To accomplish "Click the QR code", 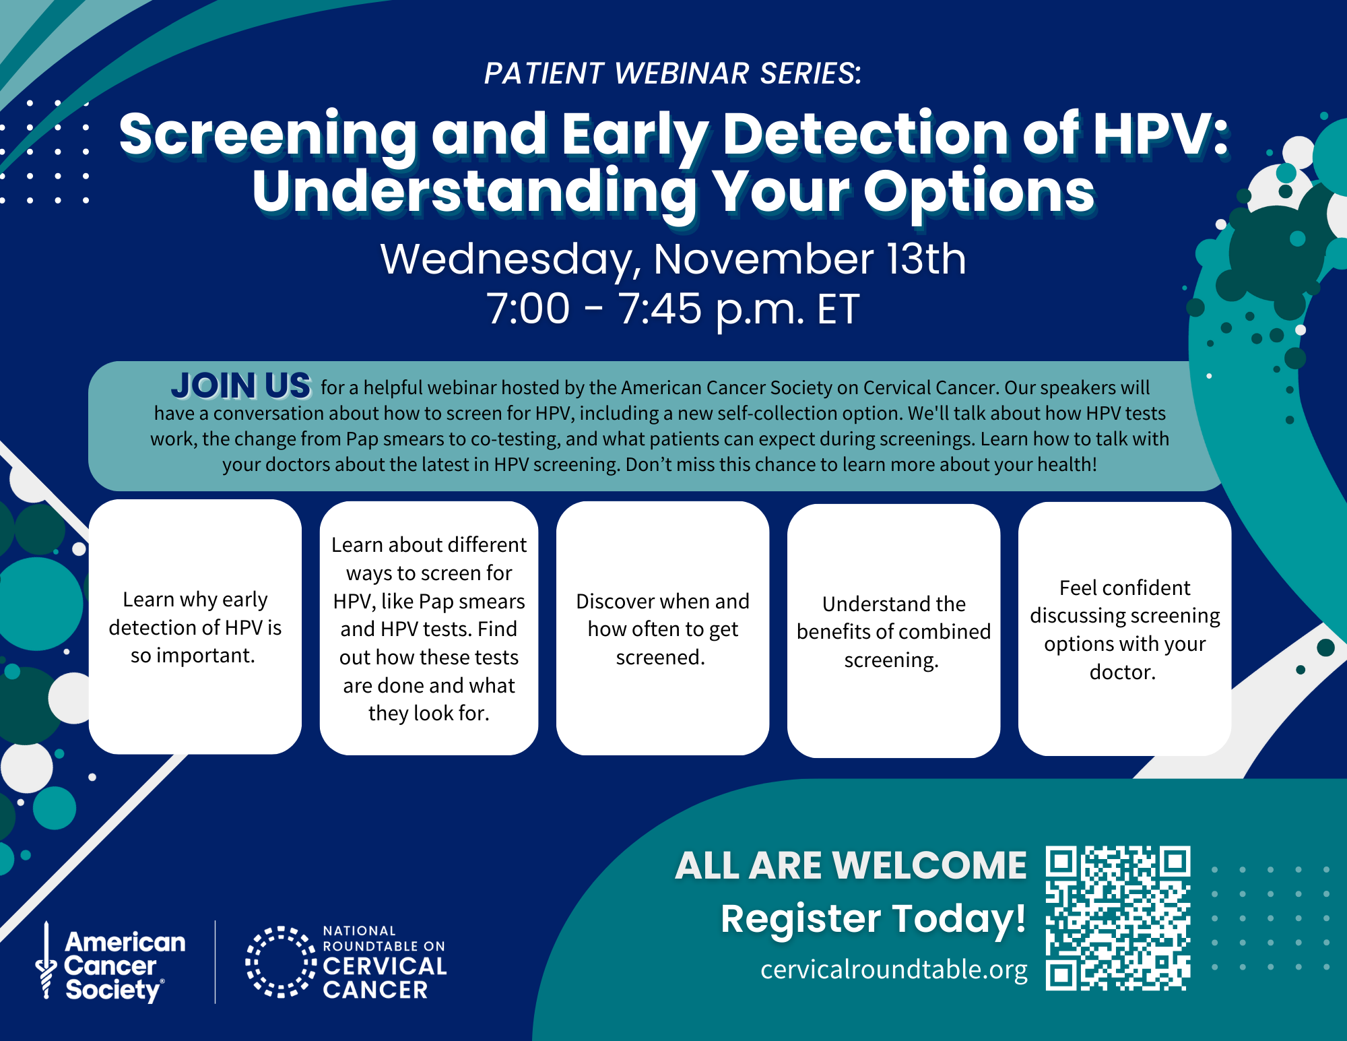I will [1118, 918].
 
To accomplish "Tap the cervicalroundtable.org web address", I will [894, 969].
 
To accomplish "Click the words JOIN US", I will [241, 386].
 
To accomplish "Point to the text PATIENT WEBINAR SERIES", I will [672, 73].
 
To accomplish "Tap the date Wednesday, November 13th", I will [672, 259].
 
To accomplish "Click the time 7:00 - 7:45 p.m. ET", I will [672, 309].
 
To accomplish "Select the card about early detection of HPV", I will [195, 627].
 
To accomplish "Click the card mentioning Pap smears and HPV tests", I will [429, 628].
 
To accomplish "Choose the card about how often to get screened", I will [663, 628].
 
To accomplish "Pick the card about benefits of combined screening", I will [894, 631].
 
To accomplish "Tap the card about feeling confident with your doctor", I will [1125, 629].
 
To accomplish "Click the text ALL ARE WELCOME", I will [851, 865].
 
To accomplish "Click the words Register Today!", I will [873, 918].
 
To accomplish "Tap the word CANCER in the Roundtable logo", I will [375, 990].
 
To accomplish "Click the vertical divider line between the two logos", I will [216, 961].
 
